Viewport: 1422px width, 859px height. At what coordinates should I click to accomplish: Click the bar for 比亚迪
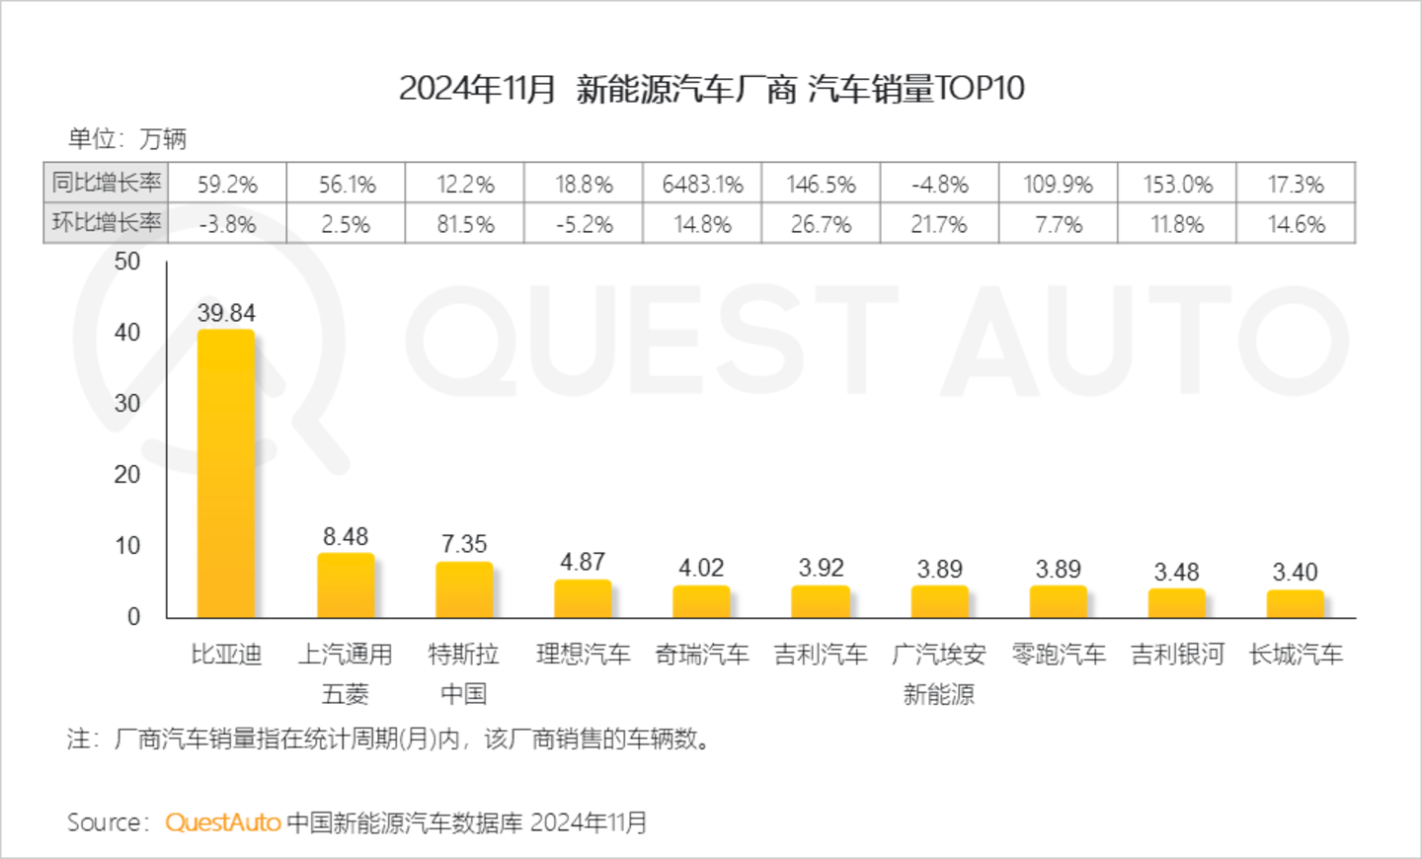point(226,474)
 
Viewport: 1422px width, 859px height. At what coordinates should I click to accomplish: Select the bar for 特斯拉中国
point(464,589)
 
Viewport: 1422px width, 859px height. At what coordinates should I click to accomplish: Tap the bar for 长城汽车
point(1295,603)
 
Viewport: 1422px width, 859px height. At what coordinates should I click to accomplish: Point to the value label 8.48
point(346,537)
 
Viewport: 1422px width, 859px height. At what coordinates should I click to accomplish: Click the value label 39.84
point(226,313)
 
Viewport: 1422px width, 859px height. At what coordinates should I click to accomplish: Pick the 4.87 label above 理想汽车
point(583,562)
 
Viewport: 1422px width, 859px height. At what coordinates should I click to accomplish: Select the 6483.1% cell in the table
point(702,185)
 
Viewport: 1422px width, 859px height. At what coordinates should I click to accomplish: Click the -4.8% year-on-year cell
point(940,185)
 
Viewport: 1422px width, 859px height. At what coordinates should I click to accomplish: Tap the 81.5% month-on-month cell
point(465,225)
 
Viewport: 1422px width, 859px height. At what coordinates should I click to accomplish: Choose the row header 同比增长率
point(107,183)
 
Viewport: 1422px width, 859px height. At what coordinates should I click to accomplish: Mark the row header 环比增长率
point(107,223)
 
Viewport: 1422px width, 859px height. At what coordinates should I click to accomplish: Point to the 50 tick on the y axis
point(127,262)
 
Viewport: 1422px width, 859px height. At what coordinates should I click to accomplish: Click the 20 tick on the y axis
point(127,475)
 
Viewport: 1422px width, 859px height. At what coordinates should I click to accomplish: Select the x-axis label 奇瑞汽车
point(702,655)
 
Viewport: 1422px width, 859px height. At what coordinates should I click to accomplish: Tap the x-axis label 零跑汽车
point(1059,655)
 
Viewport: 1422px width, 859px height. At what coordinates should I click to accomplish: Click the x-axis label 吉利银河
point(1177,655)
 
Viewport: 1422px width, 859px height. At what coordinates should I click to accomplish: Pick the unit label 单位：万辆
point(126,139)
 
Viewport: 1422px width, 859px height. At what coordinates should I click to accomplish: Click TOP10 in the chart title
point(980,89)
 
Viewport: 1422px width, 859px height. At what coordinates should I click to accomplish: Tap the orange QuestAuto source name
point(223,822)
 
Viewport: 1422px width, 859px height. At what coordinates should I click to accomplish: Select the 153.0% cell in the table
point(1177,185)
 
